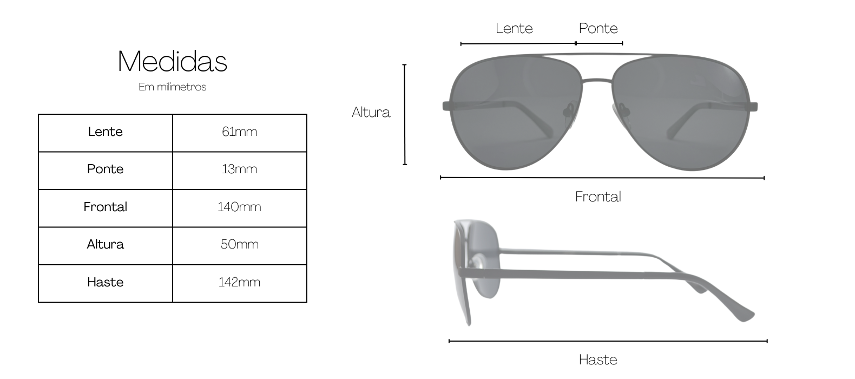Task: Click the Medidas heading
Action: pyautogui.click(x=172, y=61)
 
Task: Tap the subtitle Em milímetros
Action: pyautogui.click(x=172, y=87)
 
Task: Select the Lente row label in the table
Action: pyautogui.click(x=106, y=132)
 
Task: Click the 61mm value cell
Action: pyautogui.click(x=239, y=132)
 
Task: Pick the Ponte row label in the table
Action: pyautogui.click(x=106, y=169)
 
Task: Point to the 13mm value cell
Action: pyautogui.click(x=239, y=169)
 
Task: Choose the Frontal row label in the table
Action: pyautogui.click(x=106, y=207)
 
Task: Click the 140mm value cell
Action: pyautogui.click(x=239, y=207)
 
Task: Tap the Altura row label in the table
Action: pyautogui.click(x=106, y=244)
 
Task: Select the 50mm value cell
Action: pyautogui.click(x=239, y=244)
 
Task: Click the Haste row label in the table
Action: pyautogui.click(x=106, y=282)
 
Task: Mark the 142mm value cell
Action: pyautogui.click(x=239, y=282)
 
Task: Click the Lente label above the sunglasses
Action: pyautogui.click(x=514, y=28)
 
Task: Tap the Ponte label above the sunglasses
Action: pyautogui.click(x=598, y=28)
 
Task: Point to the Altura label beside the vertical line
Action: pyautogui.click(x=371, y=112)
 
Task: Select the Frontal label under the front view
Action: pyautogui.click(x=598, y=197)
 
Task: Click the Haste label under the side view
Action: pyautogui.click(x=598, y=360)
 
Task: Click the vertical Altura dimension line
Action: pyautogui.click(x=405, y=115)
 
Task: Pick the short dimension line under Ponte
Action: pyautogui.click(x=599, y=43)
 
